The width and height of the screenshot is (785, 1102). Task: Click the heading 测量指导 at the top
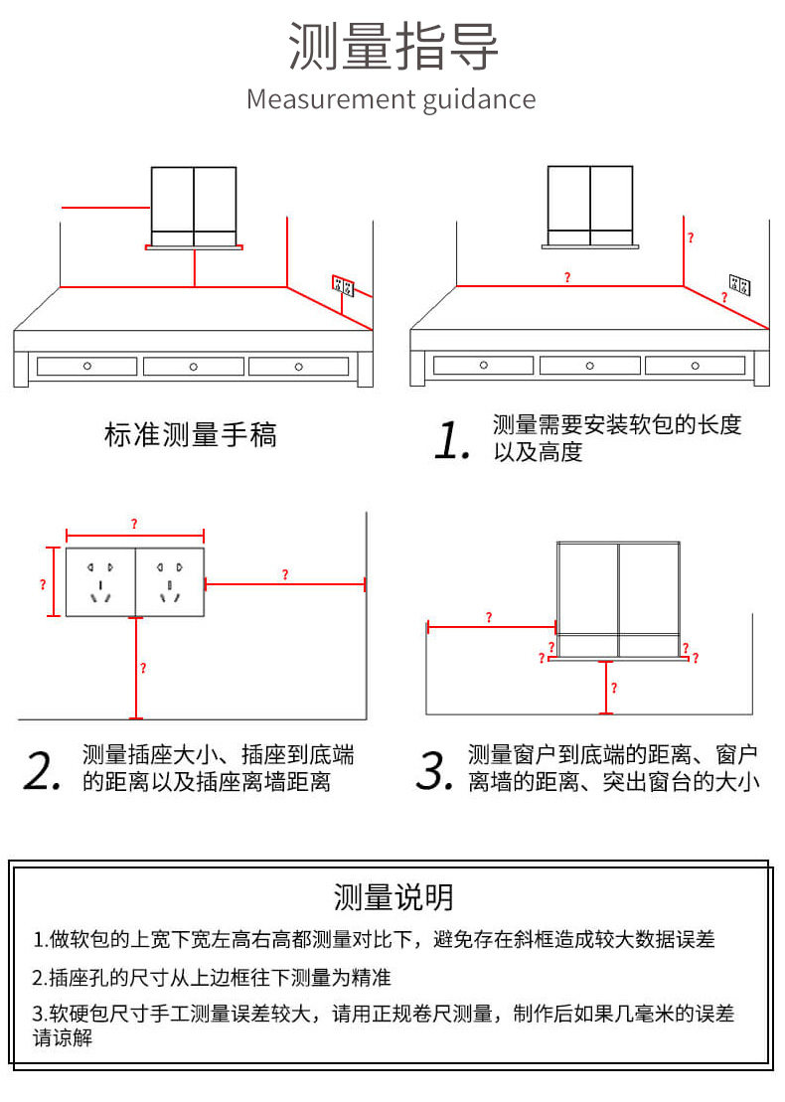coord(392,47)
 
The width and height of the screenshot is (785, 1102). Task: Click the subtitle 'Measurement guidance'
coord(392,99)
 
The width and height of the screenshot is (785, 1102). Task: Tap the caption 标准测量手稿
coord(191,434)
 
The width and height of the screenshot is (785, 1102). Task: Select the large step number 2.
coord(44,770)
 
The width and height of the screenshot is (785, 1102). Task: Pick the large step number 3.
coord(435,770)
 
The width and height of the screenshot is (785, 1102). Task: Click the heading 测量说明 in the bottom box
coord(393,897)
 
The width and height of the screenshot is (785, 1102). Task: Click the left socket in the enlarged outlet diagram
coord(100,581)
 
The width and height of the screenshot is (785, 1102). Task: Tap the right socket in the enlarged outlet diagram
coord(169,581)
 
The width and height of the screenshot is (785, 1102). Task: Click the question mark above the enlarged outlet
coord(134,524)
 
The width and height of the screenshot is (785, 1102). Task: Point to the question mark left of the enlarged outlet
coord(43,583)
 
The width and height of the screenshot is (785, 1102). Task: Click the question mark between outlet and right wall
coord(285,574)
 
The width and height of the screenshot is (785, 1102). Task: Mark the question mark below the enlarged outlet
coord(143,668)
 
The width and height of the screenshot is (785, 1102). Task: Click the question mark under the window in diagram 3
coord(613,688)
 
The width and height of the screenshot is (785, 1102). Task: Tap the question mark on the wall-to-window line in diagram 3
coord(489,617)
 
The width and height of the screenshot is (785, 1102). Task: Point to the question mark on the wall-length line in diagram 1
coord(567,277)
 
